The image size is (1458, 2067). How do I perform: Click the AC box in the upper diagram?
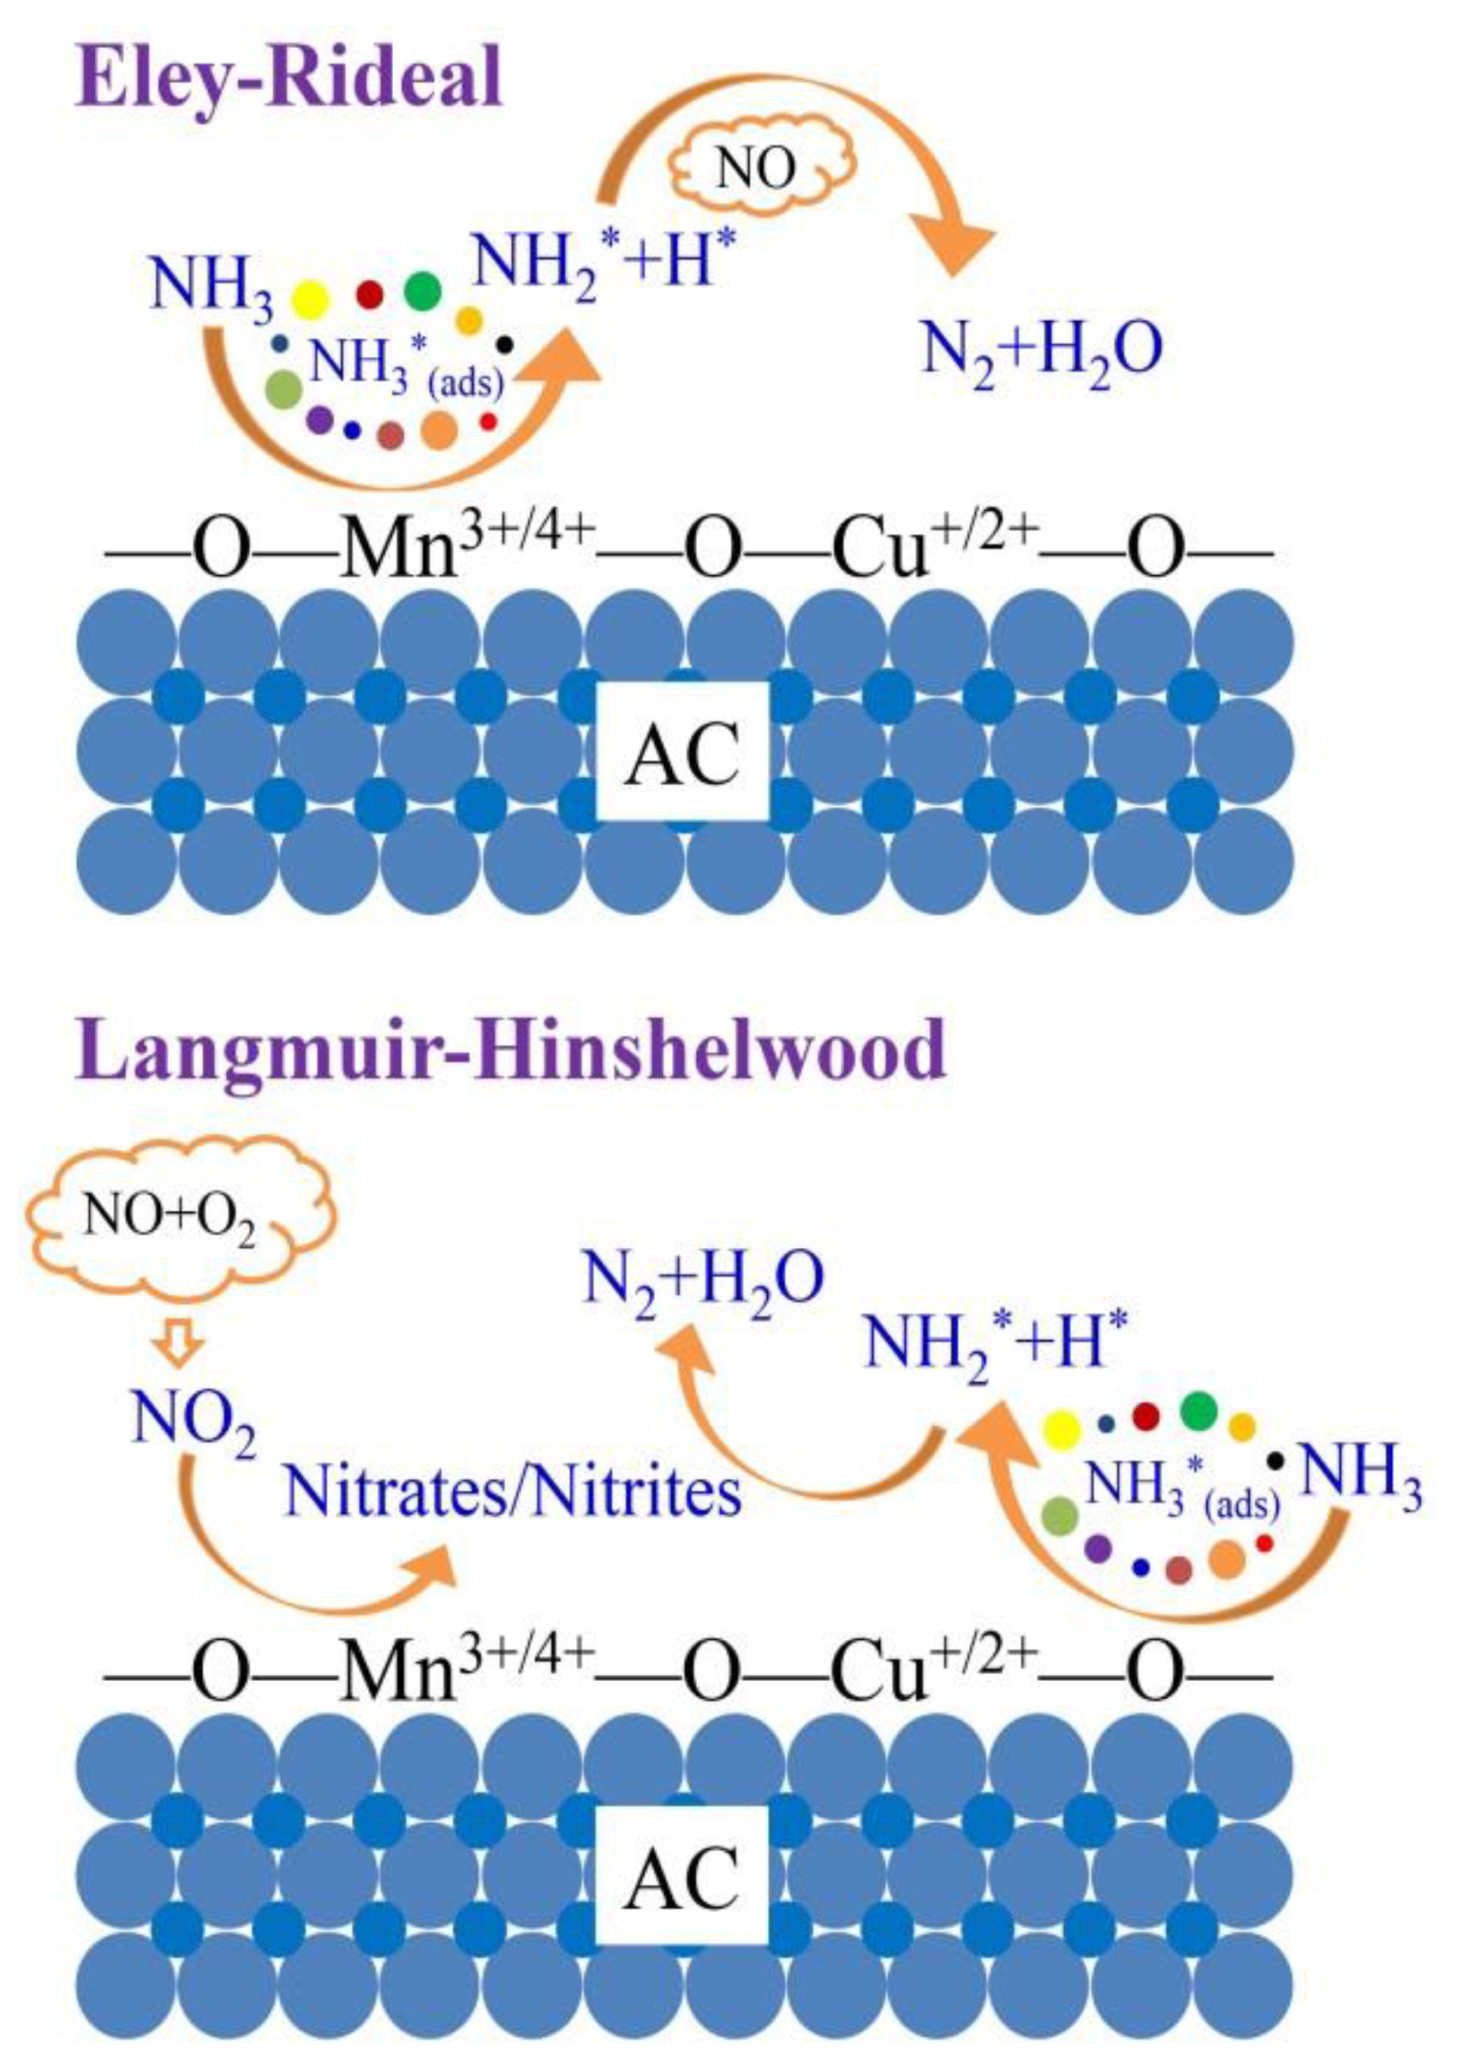click(681, 751)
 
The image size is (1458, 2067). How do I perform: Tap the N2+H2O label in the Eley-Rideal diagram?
click(1041, 351)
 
